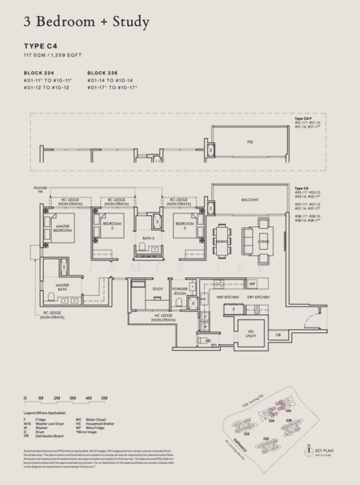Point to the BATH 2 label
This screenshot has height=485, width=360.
[x=147, y=238]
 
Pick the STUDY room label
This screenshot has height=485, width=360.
[x=158, y=288]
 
